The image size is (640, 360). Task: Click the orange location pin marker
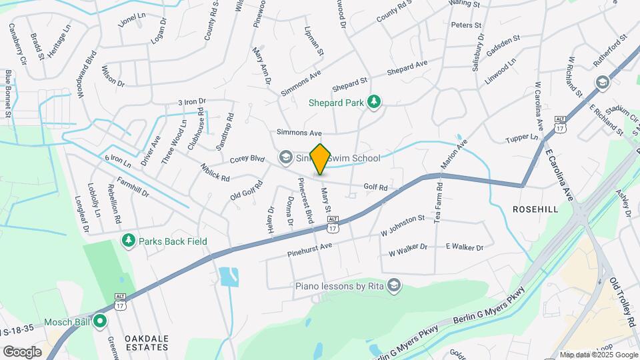320,159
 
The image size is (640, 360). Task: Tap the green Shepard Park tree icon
374,101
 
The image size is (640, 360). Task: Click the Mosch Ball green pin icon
101,321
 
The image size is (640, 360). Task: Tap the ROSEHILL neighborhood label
535,209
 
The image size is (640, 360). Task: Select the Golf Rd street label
375,188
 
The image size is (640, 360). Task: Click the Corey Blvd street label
247,159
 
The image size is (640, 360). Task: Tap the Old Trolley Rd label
623,301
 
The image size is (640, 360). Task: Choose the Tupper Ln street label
524,137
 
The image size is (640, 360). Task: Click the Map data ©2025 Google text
598,355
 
